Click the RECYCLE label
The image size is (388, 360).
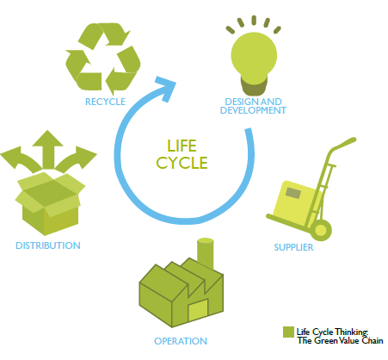click(105, 102)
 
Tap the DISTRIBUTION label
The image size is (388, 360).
click(48, 245)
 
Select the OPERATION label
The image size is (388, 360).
click(181, 341)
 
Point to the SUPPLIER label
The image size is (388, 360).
click(293, 247)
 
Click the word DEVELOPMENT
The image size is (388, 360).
click(253, 110)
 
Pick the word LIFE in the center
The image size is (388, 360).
click(182, 146)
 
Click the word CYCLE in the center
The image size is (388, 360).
click(182, 163)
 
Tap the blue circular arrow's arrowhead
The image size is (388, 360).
click(165, 88)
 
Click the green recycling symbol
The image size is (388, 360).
click(103, 59)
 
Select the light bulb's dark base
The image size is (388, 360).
click(254, 85)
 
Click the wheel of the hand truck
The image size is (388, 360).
click(321, 230)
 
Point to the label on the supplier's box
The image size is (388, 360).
click(293, 193)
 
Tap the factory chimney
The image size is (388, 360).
click(206, 253)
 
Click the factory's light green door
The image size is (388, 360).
click(198, 310)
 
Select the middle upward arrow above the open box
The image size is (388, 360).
click(47, 149)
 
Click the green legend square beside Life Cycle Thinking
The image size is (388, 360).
click(288, 332)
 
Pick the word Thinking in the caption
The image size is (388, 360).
click(352, 332)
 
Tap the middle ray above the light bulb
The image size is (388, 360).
click(254, 20)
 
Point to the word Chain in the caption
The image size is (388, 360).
click(373, 340)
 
